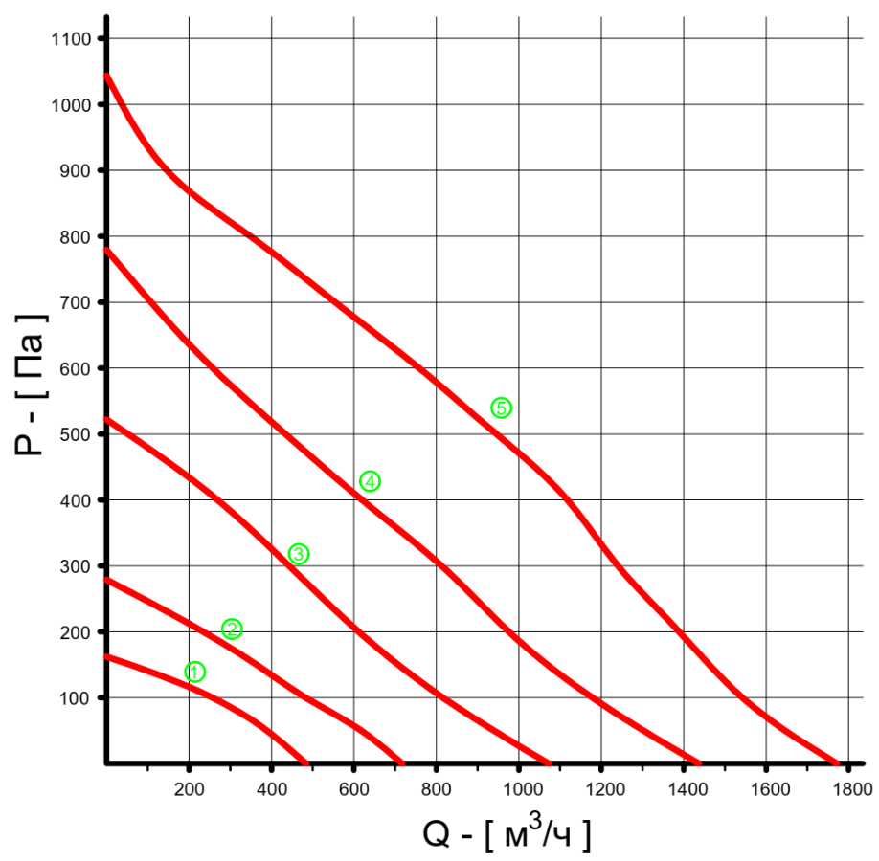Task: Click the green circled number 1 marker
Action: point(194,672)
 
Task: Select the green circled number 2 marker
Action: point(232,629)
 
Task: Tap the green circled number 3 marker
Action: point(299,554)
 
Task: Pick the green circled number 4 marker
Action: point(370,481)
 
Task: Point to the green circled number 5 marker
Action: point(501,408)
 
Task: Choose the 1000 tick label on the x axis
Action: point(519,790)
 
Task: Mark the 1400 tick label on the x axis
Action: point(684,790)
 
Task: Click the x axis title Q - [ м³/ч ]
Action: point(507,834)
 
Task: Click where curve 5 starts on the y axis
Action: point(106,75)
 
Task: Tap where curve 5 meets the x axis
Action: point(836,762)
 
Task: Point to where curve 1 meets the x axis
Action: point(306,762)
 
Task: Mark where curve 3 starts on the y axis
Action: point(106,419)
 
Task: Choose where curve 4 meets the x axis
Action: point(699,762)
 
